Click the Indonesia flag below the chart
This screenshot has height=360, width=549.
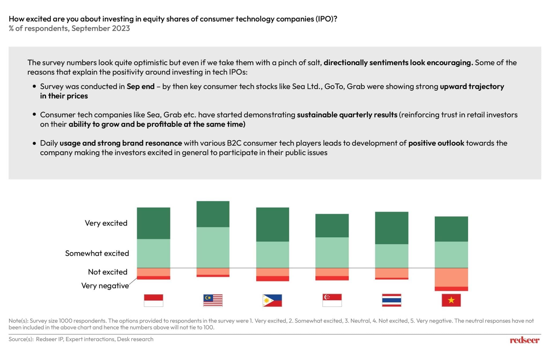click(153, 300)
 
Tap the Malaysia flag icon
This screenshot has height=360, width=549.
click(213, 300)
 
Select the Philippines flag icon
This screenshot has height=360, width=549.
click(272, 300)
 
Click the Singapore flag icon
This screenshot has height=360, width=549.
click(332, 300)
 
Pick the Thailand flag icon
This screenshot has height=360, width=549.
click(391, 300)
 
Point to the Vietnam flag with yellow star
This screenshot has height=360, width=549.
click(451, 300)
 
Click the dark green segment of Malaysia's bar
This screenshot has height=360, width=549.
click(213, 214)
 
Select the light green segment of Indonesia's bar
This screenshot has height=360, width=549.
click(153, 253)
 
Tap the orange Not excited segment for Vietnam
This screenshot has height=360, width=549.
click(451, 277)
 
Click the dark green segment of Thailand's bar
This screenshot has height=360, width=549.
click(391, 228)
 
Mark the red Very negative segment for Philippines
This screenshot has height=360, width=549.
click(272, 279)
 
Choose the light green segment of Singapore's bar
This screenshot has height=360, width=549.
click(332, 252)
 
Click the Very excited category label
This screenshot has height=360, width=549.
click(106, 223)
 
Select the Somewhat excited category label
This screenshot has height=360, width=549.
click(97, 253)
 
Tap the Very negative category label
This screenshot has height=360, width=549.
click(105, 286)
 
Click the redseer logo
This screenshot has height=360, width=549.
click(524, 340)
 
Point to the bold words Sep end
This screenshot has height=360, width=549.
click(140, 86)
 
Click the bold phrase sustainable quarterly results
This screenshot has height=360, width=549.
click(347, 115)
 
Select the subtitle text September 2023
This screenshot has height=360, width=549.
click(101, 28)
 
